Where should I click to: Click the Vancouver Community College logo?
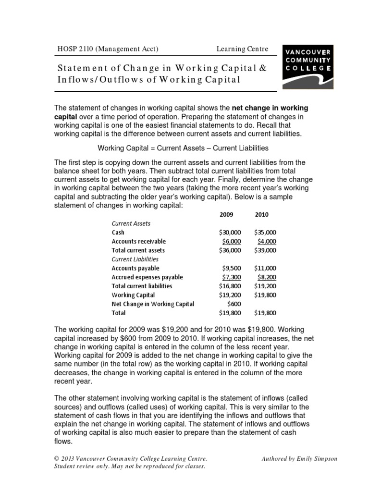[307, 67]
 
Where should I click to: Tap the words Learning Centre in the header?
[242, 49]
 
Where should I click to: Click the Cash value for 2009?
[230, 232]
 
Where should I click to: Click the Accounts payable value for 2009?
[232, 268]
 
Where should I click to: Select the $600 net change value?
[234, 304]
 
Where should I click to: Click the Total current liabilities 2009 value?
[230, 286]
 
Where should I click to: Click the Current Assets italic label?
[131, 223]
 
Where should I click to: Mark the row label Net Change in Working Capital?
[153, 304]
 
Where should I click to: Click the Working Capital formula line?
[183, 148]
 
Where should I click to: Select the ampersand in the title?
[262, 67]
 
